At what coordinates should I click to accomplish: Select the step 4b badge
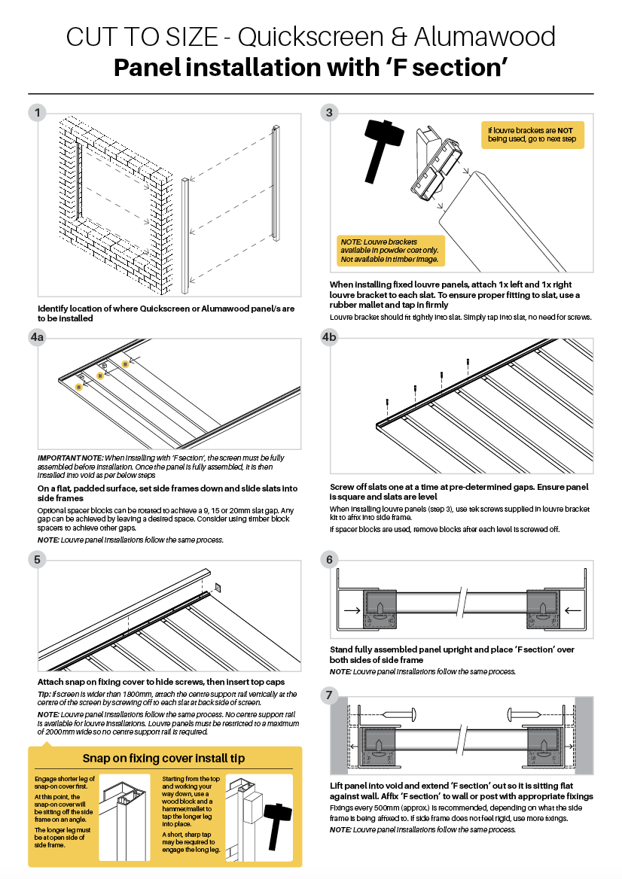tap(330, 338)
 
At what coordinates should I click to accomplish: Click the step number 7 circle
tap(330, 696)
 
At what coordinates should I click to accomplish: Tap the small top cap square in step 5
tap(217, 587)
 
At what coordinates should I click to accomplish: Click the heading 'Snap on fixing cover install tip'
tap(165, 757)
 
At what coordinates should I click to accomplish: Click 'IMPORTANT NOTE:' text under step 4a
tap(70, 458)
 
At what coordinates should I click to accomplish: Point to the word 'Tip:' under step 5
tap(44, 694)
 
